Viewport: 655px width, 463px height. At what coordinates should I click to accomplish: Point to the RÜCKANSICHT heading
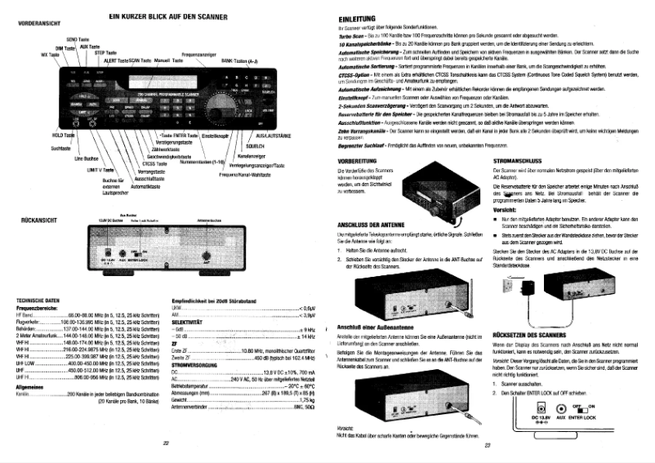(35, 220)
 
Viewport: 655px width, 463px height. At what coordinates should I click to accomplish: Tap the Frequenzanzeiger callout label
(198, 54)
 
